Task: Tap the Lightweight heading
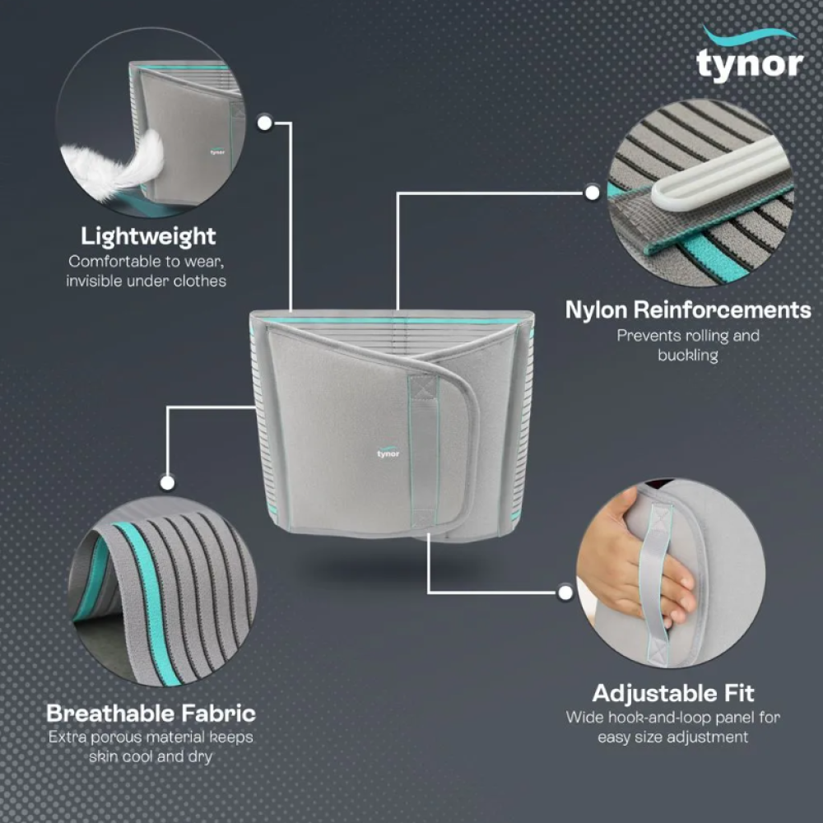pos(148,236)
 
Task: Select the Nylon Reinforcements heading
pos(687,309)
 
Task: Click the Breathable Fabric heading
pos(151,713)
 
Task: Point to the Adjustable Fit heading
pos(673,692)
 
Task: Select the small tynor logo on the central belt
pos(388,453)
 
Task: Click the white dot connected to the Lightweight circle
pos(265,123)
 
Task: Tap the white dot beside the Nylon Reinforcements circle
pos(592,193)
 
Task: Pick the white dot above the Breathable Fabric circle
pos(168,483)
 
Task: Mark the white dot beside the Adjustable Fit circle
pos(565,592)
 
